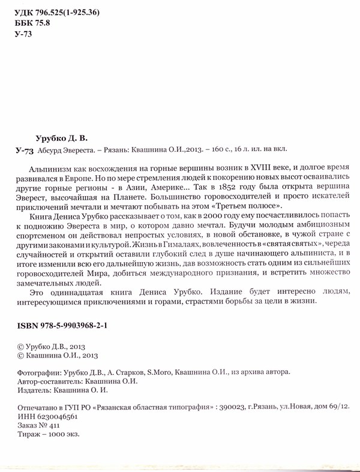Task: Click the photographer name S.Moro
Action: pos(160,372)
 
